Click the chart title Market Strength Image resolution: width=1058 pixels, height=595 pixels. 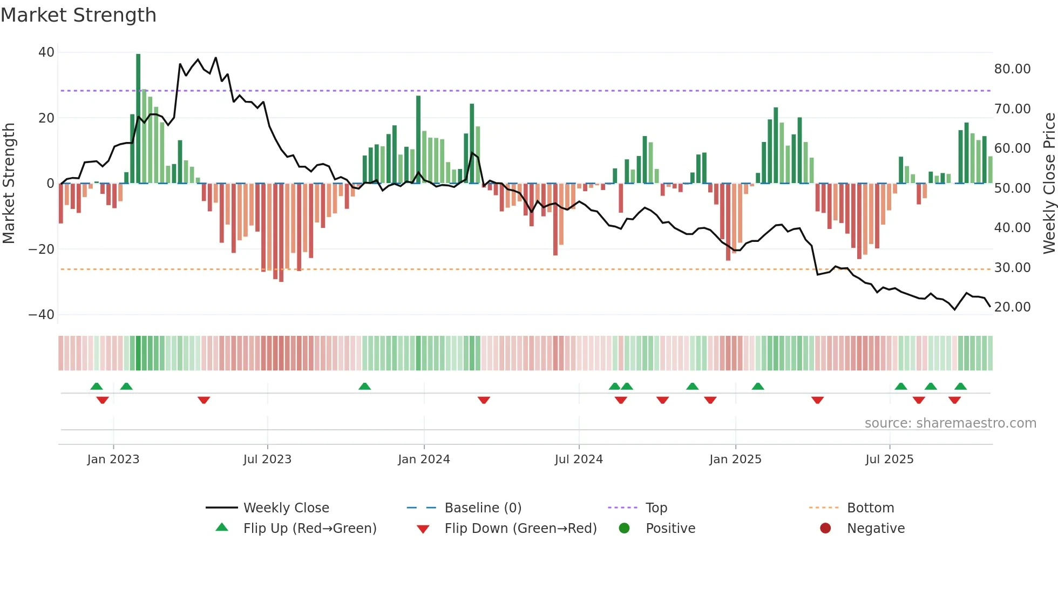pos(78,15)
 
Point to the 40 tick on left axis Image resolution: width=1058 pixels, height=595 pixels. pos(46,52)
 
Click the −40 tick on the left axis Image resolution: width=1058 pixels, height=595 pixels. pos(42,315)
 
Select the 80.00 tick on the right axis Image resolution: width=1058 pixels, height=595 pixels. pos(1012,69)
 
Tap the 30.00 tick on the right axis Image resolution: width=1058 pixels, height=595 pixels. pos(1012,268)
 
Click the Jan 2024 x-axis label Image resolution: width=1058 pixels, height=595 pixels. pos(424,459)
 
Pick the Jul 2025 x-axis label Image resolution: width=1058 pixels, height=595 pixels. pos(889,459)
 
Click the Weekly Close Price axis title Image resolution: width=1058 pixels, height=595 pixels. pos(1049,184)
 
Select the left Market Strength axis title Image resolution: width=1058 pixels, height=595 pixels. pos(9,184)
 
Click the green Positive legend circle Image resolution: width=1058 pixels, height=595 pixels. pos(624,529)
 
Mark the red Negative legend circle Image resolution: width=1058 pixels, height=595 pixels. pos(825,529)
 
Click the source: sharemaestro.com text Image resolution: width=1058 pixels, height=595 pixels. pos(950,423)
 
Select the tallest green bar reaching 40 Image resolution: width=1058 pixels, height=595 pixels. pos(138,119)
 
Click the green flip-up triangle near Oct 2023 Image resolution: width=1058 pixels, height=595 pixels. pos(364,387)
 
